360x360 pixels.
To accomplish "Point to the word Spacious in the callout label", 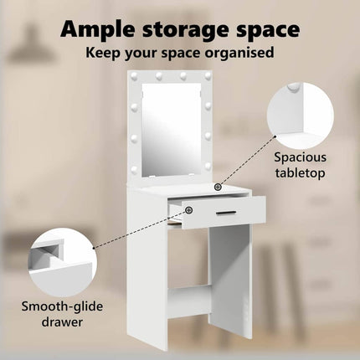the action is tap(300, 157).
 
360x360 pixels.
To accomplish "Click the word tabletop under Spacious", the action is tap(301, 173).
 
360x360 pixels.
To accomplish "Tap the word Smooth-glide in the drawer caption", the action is tap(62, 307).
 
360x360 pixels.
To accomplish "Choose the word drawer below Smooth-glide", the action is tap(62, 322).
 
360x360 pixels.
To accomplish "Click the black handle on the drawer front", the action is tap(226, 213).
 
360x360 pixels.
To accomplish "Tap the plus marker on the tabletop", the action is tap(218, 187).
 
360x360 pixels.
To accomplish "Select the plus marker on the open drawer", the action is tap(189, 209).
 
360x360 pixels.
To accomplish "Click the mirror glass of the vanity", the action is tap(172, 130).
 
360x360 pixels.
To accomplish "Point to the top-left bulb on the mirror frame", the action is tap(134, 75).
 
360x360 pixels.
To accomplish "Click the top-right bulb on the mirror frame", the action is tap(208, 75).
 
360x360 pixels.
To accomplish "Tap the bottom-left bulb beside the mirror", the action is tap(134, 169).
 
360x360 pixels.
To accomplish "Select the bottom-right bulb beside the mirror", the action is tap(208, 166).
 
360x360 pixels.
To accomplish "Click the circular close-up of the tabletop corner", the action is tap(301, 116).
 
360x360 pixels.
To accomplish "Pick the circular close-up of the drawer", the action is tap(63, 263).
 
